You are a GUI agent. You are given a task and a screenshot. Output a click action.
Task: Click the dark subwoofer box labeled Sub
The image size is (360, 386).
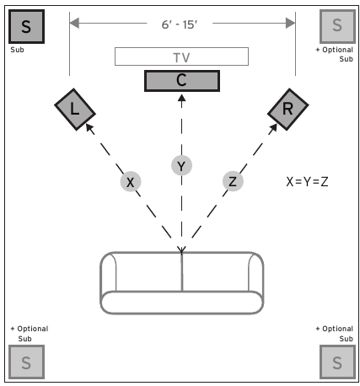26,26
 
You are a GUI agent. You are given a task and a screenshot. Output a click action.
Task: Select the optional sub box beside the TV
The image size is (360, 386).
337,26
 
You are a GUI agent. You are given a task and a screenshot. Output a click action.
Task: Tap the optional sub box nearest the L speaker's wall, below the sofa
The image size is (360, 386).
26,362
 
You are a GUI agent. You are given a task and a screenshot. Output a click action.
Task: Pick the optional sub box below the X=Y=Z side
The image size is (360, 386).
337,362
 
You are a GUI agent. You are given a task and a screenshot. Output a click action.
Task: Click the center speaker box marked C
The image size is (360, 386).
182,81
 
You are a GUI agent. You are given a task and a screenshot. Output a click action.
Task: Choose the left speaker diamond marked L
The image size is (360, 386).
75,110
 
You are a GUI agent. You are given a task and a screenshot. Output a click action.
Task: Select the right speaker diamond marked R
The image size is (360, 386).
288,110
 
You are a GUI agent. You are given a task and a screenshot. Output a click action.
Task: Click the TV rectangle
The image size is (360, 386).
181,56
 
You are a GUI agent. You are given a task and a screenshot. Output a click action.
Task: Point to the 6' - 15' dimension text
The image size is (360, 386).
180,24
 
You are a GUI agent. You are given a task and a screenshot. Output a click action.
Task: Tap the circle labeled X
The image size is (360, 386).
131,181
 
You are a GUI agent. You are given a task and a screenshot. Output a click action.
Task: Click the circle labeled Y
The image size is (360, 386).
181,165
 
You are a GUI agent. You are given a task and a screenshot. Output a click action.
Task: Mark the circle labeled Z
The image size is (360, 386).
233,181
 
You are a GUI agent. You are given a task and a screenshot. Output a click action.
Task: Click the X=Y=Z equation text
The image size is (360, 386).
307,182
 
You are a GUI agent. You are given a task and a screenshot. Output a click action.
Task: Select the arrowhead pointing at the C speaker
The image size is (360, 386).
181,98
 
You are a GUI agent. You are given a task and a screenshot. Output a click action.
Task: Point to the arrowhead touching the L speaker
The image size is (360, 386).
89,128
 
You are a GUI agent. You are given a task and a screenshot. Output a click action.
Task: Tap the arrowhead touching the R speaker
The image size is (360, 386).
273,128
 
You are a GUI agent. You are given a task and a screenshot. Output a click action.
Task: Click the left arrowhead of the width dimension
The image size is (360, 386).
74,23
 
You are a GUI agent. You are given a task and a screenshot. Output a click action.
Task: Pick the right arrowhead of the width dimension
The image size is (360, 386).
291,23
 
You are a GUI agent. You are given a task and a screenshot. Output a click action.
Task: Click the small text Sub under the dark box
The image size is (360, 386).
17,50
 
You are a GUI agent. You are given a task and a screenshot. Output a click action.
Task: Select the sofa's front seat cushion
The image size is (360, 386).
182,303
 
